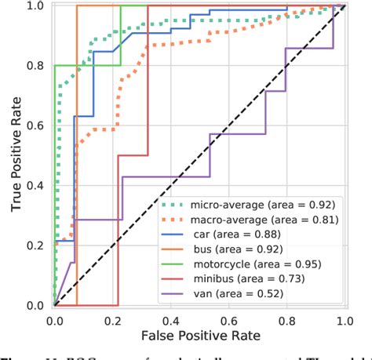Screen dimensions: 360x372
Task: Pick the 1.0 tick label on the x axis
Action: [343, 320]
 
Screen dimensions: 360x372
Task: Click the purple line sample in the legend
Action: [174, 294]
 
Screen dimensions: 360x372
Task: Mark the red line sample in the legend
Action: [174, 279]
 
